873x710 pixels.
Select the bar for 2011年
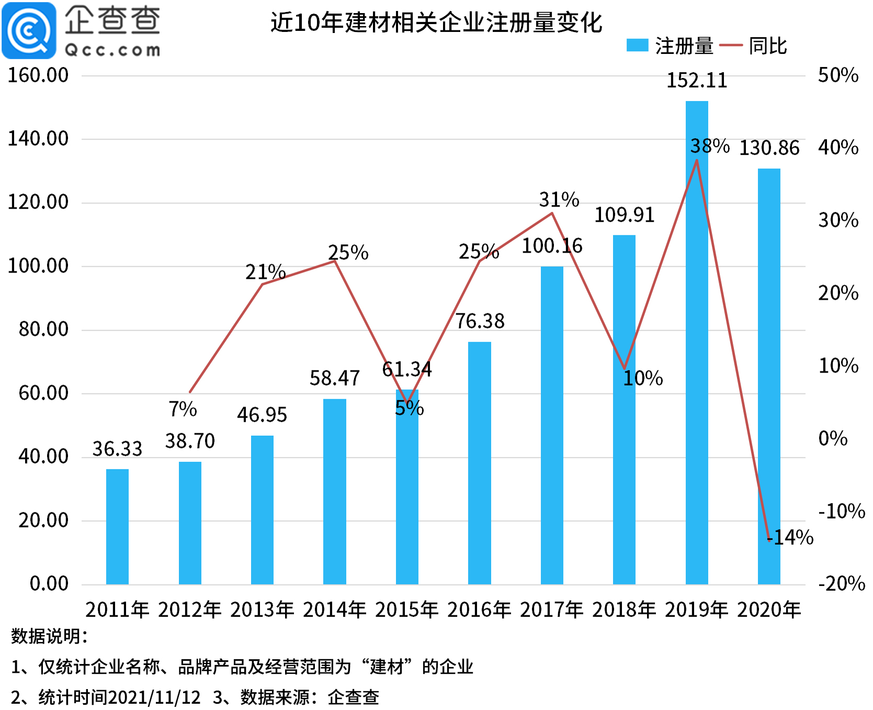coord(117,526)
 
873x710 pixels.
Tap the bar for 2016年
coord(479,463)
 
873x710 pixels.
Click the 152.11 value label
coord(696,81)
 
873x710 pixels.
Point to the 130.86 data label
coord(769,148)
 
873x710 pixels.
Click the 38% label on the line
coord(710,146)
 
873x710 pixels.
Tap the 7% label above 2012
coord(183,409)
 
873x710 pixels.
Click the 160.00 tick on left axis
coord(38,75)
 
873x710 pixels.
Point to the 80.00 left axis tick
coord(43,329)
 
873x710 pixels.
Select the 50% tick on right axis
coord(838,75)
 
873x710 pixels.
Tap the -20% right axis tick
coord(841,583)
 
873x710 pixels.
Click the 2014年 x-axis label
coord(334,610)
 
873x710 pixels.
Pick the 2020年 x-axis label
coord(769,610)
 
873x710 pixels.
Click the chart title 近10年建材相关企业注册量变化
coord(436,22)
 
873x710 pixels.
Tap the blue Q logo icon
coord(29,30)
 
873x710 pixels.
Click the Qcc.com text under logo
coord(112,50)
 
